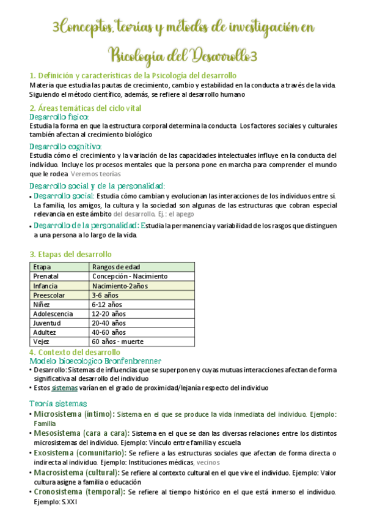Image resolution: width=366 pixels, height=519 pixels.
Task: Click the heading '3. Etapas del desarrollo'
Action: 70,254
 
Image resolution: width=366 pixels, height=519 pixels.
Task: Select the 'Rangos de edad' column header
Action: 115,267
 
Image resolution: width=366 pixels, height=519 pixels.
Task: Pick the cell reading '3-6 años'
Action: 105,295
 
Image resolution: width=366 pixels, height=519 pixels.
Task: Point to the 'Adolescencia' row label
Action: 53,313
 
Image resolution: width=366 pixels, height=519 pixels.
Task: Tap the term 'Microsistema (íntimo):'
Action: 74,414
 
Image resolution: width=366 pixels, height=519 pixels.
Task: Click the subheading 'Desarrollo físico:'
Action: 59,117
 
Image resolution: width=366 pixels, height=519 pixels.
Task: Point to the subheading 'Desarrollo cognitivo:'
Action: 65,146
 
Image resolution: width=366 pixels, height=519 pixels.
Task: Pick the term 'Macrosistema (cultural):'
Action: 76,473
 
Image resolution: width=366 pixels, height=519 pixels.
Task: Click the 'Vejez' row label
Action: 42,341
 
